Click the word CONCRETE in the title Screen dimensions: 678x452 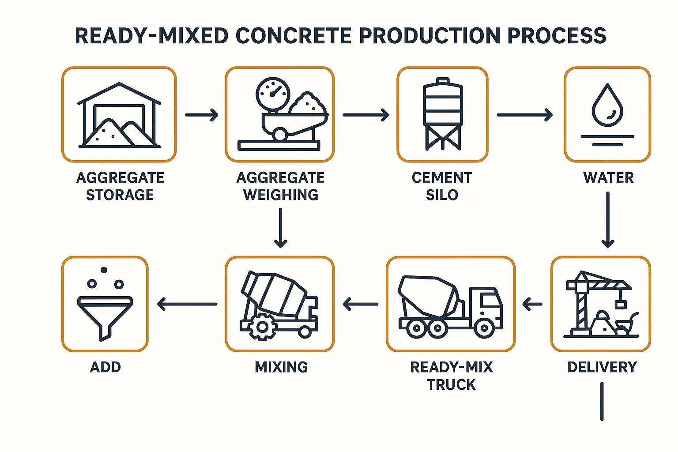pos(293,36)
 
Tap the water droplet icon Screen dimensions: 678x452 pos(607,105)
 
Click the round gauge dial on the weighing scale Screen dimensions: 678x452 pos(273,94)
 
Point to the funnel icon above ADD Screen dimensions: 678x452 pos(105,318)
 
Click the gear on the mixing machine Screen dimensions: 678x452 pos(263,327)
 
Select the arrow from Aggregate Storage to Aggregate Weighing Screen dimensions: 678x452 pos(202,115)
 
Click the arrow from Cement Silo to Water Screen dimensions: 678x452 pos(525,115)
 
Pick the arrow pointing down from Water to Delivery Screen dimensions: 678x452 pos(608,220)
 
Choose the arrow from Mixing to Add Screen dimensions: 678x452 pos(187,304)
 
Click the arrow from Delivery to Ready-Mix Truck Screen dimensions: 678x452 pos(532,304)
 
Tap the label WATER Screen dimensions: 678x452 pos(608,178)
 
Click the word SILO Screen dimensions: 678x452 pos(442,195)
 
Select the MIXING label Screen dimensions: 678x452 pos(281,367)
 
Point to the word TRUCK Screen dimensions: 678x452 pos(451,385)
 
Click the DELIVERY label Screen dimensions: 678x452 pos(603,367)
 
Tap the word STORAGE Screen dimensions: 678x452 pos(120,195)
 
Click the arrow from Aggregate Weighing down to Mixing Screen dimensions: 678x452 pos(281,228)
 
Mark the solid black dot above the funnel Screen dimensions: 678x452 pos(104,270)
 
